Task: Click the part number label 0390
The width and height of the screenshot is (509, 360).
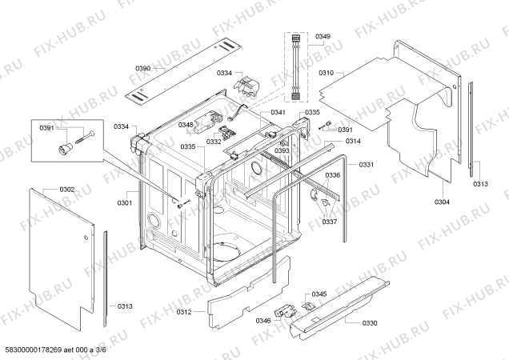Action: [142, 68]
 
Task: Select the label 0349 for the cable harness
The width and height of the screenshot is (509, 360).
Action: [323, 36]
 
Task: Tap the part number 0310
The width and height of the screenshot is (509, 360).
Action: [326, 73]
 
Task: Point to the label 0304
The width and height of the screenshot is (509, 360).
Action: [442, 202]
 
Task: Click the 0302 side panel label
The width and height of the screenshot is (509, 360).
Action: [67, 190]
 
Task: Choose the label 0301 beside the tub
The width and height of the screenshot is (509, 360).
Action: [125, 203]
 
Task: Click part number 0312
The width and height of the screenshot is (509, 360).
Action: [184, 312]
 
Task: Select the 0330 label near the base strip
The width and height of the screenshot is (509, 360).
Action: [370, 323]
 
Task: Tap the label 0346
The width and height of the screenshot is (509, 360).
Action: [263, 321]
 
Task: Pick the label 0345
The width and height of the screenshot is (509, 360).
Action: [319, 294]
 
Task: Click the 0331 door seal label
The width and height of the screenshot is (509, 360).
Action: [367, 165]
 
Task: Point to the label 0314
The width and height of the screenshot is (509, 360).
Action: [353, 141]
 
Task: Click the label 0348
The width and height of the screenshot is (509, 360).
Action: [186, 125]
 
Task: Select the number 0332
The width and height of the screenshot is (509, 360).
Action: [214, 142]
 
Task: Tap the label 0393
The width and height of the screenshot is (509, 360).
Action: [282, 150]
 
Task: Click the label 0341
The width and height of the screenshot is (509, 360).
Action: [278, 112]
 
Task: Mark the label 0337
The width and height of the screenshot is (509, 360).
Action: [330, 222]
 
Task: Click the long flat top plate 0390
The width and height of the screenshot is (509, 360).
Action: [183, 72]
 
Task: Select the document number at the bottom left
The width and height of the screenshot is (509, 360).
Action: [54, 350]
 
